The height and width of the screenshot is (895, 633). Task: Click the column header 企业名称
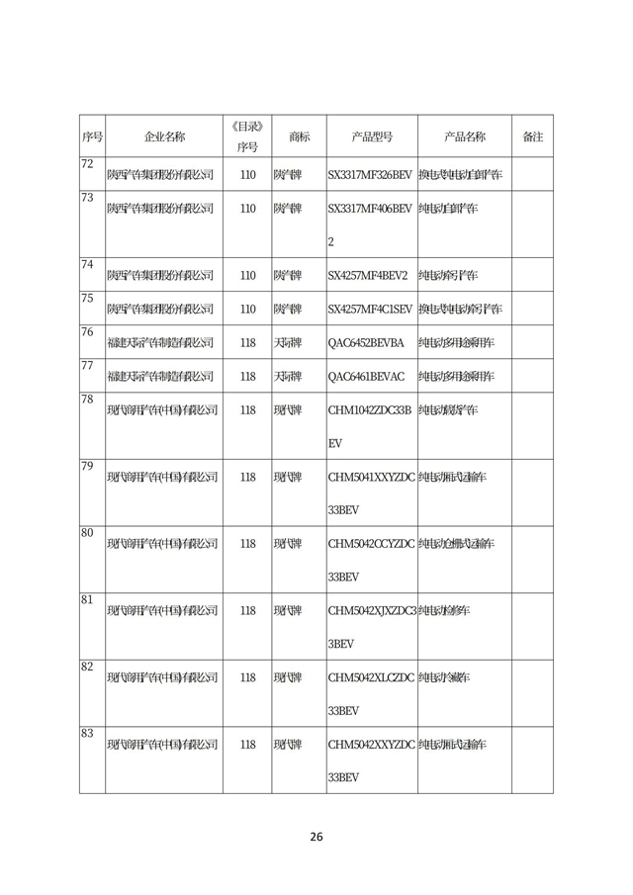[164, 136]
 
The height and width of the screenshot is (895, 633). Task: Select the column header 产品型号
[372, 136]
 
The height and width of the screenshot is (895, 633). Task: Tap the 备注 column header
[532, 136]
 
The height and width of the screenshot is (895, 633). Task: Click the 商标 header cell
[299, 136]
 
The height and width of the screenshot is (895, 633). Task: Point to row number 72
[87, 163]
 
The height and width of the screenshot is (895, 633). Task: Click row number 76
[87, 331]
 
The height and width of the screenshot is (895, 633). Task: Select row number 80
[87, 533]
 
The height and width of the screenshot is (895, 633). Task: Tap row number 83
[87, 733]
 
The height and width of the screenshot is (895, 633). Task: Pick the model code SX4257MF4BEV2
[366, 275]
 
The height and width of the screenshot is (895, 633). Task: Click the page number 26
[316, 837]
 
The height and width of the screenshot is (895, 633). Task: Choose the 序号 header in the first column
[92, 136]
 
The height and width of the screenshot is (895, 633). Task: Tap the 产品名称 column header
[464, 136]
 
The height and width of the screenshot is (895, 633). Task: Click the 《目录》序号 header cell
[247, 136]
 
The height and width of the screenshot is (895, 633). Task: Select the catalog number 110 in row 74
[247, 275]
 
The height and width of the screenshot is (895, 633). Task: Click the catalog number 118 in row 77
[247, 376]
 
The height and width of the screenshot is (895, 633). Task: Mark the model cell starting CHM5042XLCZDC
[371, 693]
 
